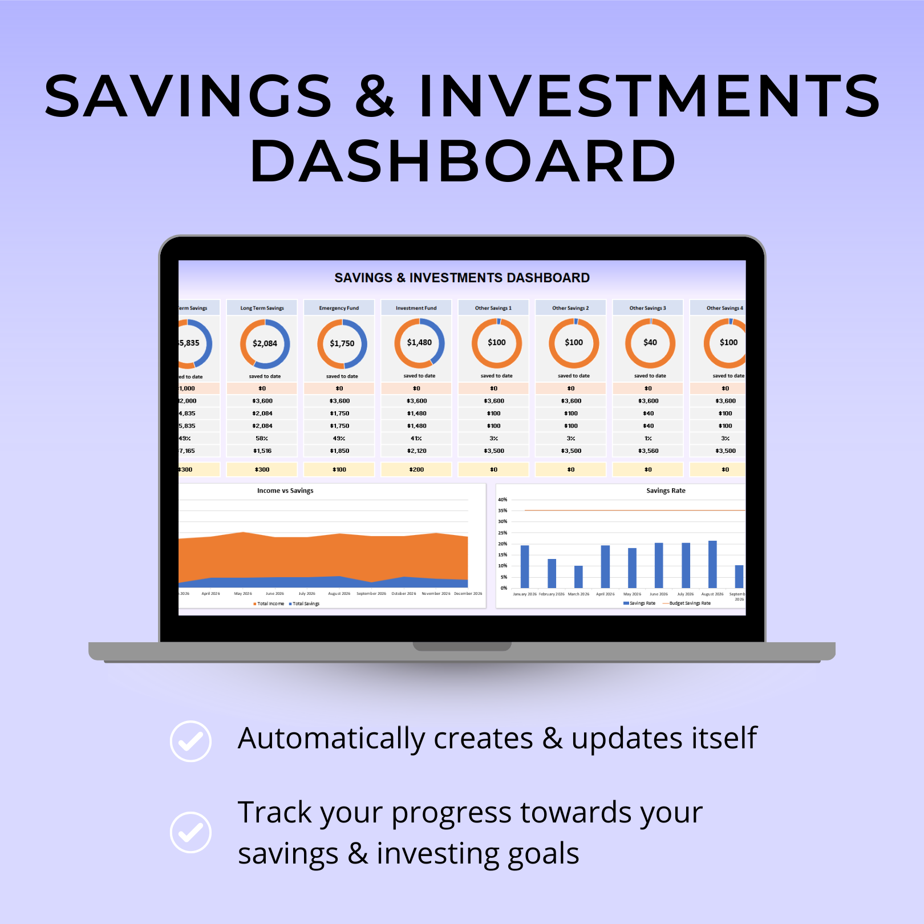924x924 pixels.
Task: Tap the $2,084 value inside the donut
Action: point(265,343)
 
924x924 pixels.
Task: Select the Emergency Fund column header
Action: point(339,308)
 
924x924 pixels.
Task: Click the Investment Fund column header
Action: point(416,308)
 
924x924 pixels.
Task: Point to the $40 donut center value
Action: point(650,342)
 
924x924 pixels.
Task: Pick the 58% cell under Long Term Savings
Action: point(262,439)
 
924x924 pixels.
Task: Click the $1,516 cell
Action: point(262,451)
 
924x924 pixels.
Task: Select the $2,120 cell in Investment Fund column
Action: point(416,451)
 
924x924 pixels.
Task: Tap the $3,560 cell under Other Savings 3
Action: point(648,451)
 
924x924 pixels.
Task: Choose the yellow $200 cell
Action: point(416,469)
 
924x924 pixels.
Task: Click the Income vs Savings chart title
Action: point(285,491)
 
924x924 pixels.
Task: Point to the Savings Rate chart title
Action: point(666,491)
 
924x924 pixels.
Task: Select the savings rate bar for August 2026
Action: point(712,564)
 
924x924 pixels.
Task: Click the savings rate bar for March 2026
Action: point(578,577)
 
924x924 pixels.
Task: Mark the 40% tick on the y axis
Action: point(502,500)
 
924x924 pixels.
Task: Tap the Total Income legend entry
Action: point(270,603)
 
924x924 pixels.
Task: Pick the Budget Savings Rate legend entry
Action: point(690,603)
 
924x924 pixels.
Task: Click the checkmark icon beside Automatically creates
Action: point(191,741)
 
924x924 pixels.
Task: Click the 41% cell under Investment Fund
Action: point(416,439)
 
